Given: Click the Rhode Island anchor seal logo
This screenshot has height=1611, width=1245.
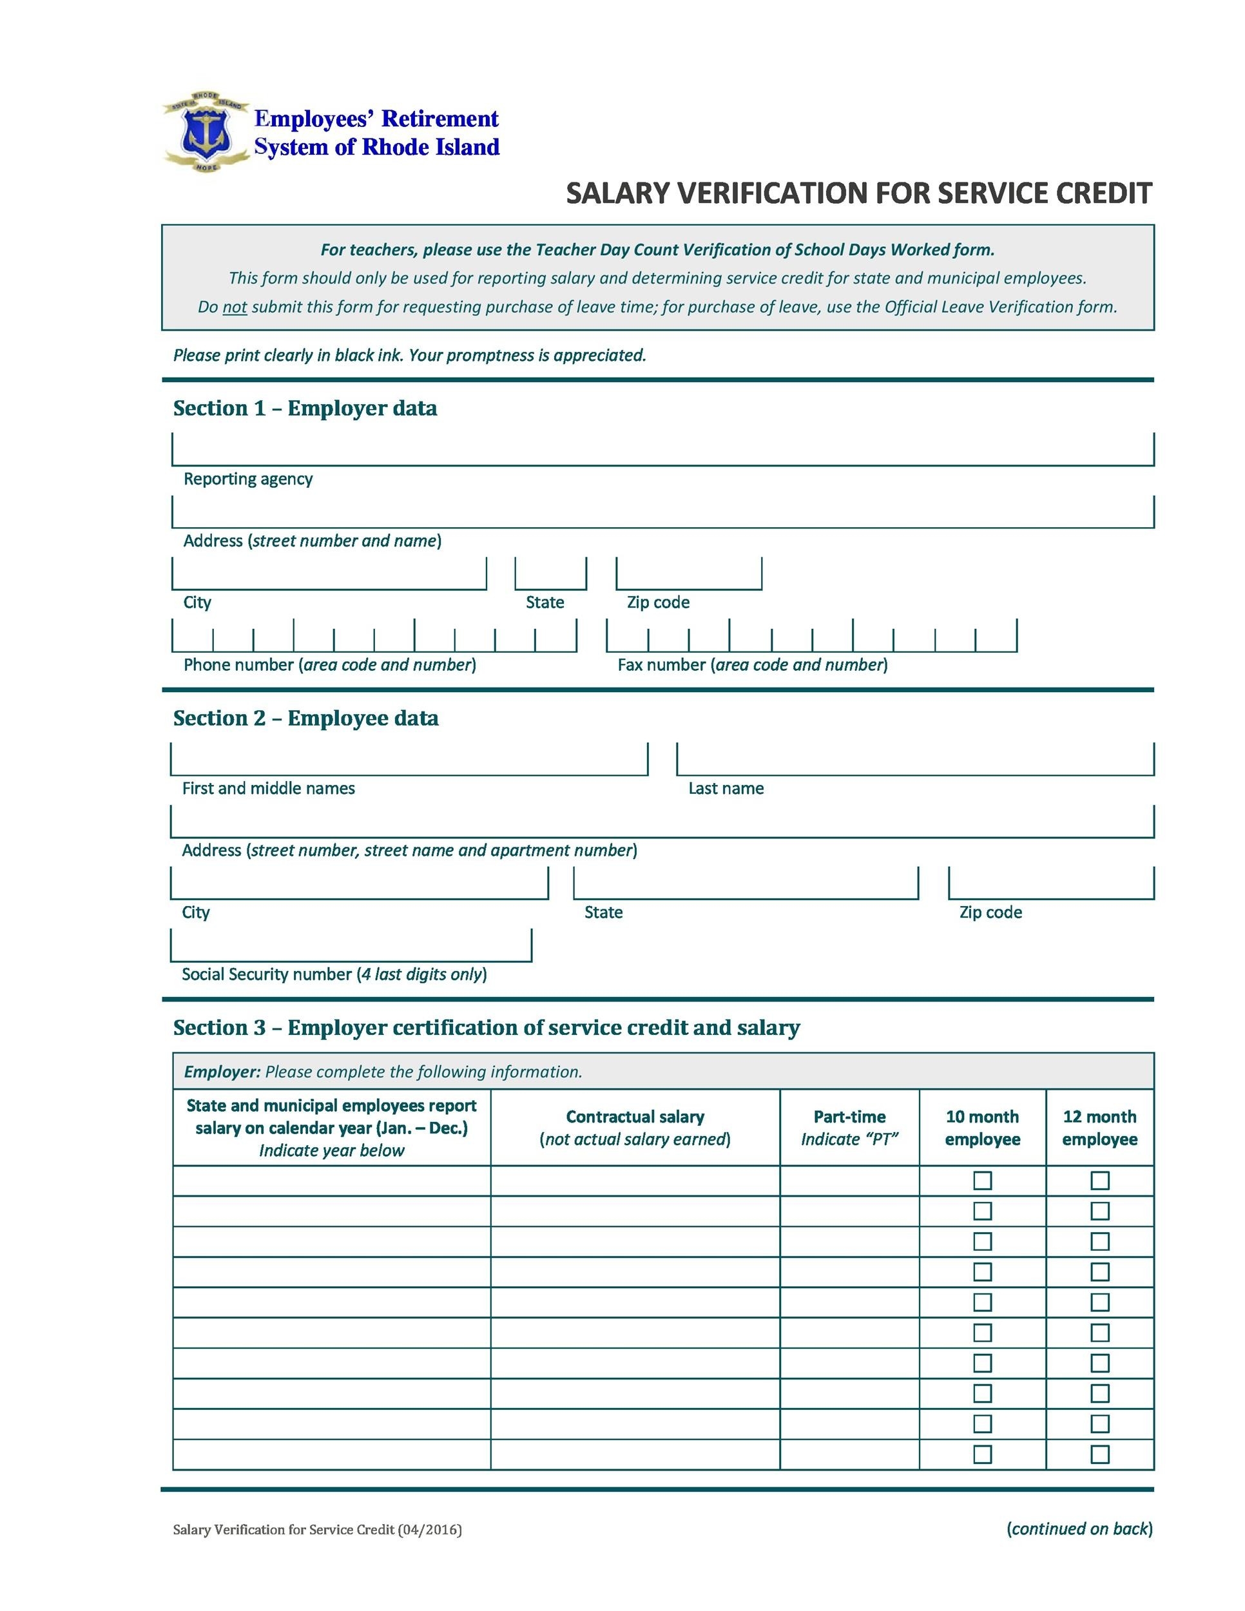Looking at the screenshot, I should tap(206, 133).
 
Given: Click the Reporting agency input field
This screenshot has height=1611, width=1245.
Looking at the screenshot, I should tap(662, 449).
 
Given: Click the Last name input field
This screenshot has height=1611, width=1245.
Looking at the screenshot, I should tap(914, 759).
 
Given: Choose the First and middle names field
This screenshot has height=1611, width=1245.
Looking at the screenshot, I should tap(409, 759).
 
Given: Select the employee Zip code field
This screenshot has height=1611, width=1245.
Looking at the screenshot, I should tap(1050, 883).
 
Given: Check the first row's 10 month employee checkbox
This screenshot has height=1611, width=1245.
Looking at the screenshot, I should tap(981, 1181).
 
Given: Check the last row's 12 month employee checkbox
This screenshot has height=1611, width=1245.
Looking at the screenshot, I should tap(1099, 1454).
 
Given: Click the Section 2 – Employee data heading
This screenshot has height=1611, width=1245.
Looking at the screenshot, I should tap(305, 719).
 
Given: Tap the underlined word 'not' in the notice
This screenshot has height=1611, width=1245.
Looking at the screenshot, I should tap(235, 307).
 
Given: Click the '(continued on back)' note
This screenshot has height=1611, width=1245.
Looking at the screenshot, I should tap(1079, 1529).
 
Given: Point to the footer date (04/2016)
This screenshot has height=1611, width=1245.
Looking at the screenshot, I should tap(429, 1530).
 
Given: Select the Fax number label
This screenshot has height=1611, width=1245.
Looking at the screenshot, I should tap(752, 664).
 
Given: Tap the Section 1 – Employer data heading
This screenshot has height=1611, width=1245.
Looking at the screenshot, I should tap(305, 409).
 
